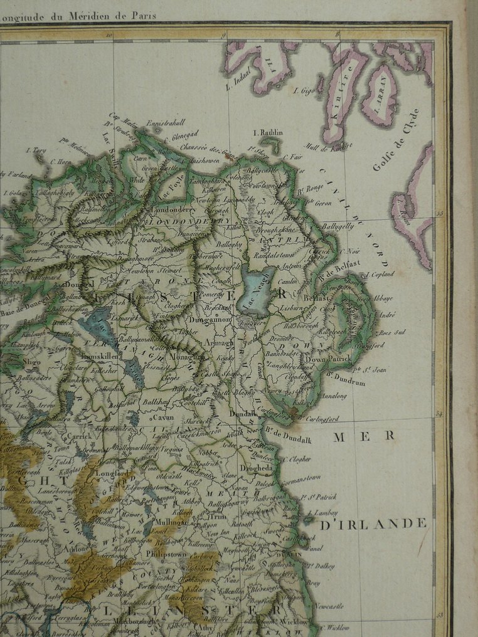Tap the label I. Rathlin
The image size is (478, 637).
[268, 133]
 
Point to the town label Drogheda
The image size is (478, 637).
[272, 468]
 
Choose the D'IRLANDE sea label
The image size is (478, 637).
[373, 524]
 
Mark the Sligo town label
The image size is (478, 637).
[33, 363]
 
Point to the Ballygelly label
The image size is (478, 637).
[338, 226]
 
